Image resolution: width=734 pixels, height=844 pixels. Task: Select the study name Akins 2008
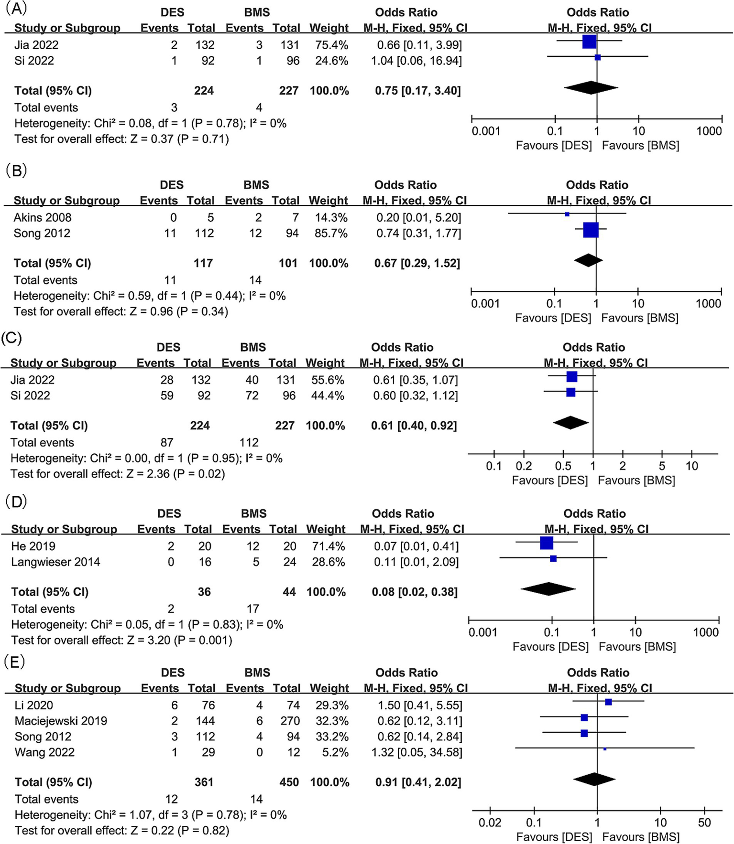[43, 218]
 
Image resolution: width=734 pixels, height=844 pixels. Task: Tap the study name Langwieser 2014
[55, 562]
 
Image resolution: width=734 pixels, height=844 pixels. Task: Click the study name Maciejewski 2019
[61, 721]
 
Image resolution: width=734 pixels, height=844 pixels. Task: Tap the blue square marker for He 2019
[546, 543]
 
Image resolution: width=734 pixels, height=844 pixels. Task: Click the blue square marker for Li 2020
[608, 702]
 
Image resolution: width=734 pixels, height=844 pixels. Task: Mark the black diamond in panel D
[548, 589]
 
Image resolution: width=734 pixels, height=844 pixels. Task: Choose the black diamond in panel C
[570, 423]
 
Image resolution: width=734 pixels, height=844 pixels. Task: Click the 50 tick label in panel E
[704, 823]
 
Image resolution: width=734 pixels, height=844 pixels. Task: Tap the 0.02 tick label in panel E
[490, 823]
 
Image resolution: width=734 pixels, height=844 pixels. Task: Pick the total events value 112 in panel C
[249, 443]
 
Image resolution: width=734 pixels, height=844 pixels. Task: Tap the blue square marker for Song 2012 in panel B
[591, 230]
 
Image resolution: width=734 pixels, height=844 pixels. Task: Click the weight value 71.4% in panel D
[328, 546]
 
